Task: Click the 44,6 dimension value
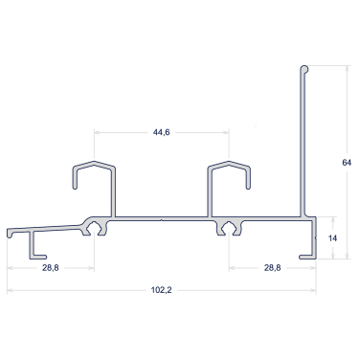click(161, 132)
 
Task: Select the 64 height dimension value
click(347, 163)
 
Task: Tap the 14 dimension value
click(332, 238)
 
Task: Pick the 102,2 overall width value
click(161, 290)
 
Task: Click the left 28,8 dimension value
click(51, 268)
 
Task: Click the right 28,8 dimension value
click(272, 268)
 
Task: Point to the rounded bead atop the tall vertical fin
click(304, 70)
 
